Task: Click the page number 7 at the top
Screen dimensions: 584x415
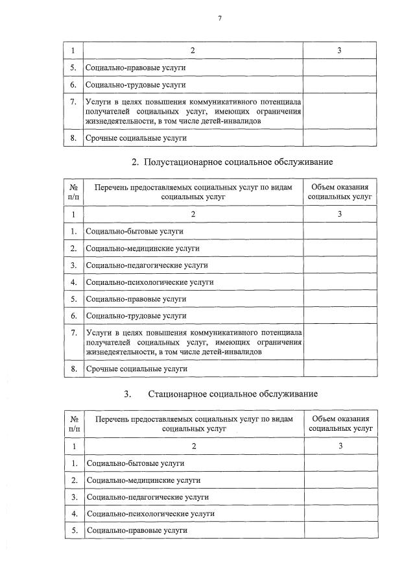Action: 220,19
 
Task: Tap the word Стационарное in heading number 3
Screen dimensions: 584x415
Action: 188,394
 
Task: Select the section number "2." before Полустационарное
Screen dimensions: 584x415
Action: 136,161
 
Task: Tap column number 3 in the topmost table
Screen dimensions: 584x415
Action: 340,51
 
